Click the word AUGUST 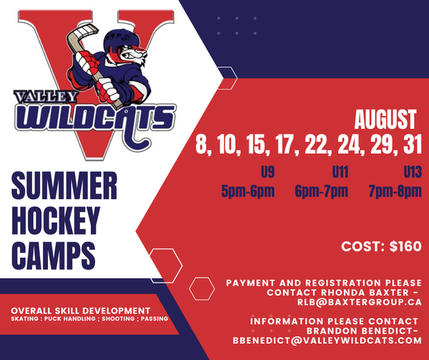click(x=385, y=119)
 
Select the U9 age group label click(x=268, y=172)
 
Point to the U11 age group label click(x=340, y=172)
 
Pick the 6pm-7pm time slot click(x=321, y=191)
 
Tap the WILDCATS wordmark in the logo click(x=93, y=116)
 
